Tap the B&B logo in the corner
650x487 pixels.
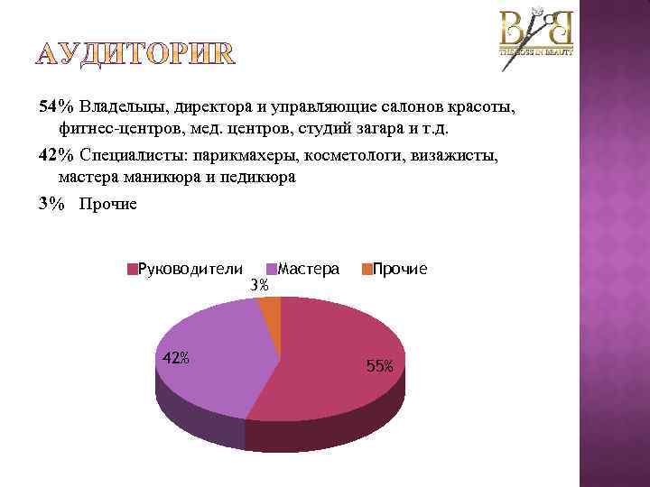536,33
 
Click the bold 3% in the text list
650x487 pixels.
52,205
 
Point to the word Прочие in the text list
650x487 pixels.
108,205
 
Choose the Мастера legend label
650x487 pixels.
309,269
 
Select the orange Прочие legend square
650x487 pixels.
367,270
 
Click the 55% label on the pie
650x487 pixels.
379,366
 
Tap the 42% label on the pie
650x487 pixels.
175,357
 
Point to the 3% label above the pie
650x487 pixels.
259,286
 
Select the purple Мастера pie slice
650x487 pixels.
212,361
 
